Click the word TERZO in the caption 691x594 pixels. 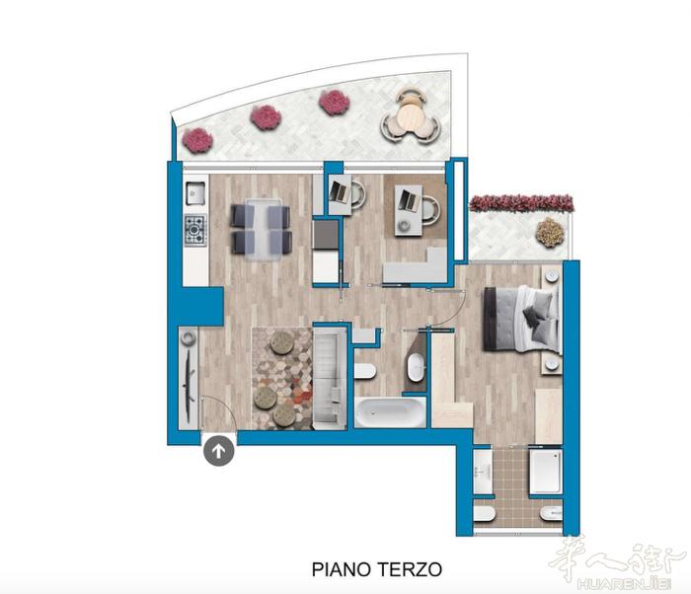(409, 569)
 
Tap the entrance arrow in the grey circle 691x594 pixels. (219, 451)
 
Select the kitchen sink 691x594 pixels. (195, 193)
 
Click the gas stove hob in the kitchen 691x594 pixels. (195, 230)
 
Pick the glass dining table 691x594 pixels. (264, 230)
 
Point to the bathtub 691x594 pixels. (391, 412)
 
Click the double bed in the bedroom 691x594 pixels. (522, 319)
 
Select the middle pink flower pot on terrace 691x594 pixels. (266, 117)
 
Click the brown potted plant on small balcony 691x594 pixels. (550, 232)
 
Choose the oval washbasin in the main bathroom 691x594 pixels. (417, 367)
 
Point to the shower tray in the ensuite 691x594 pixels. (546, 471)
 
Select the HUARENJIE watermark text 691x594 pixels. (624, 584)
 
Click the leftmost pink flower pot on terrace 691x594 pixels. (197, 140)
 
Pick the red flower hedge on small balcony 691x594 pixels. (521, 203)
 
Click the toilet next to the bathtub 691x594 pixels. (364, 371)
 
